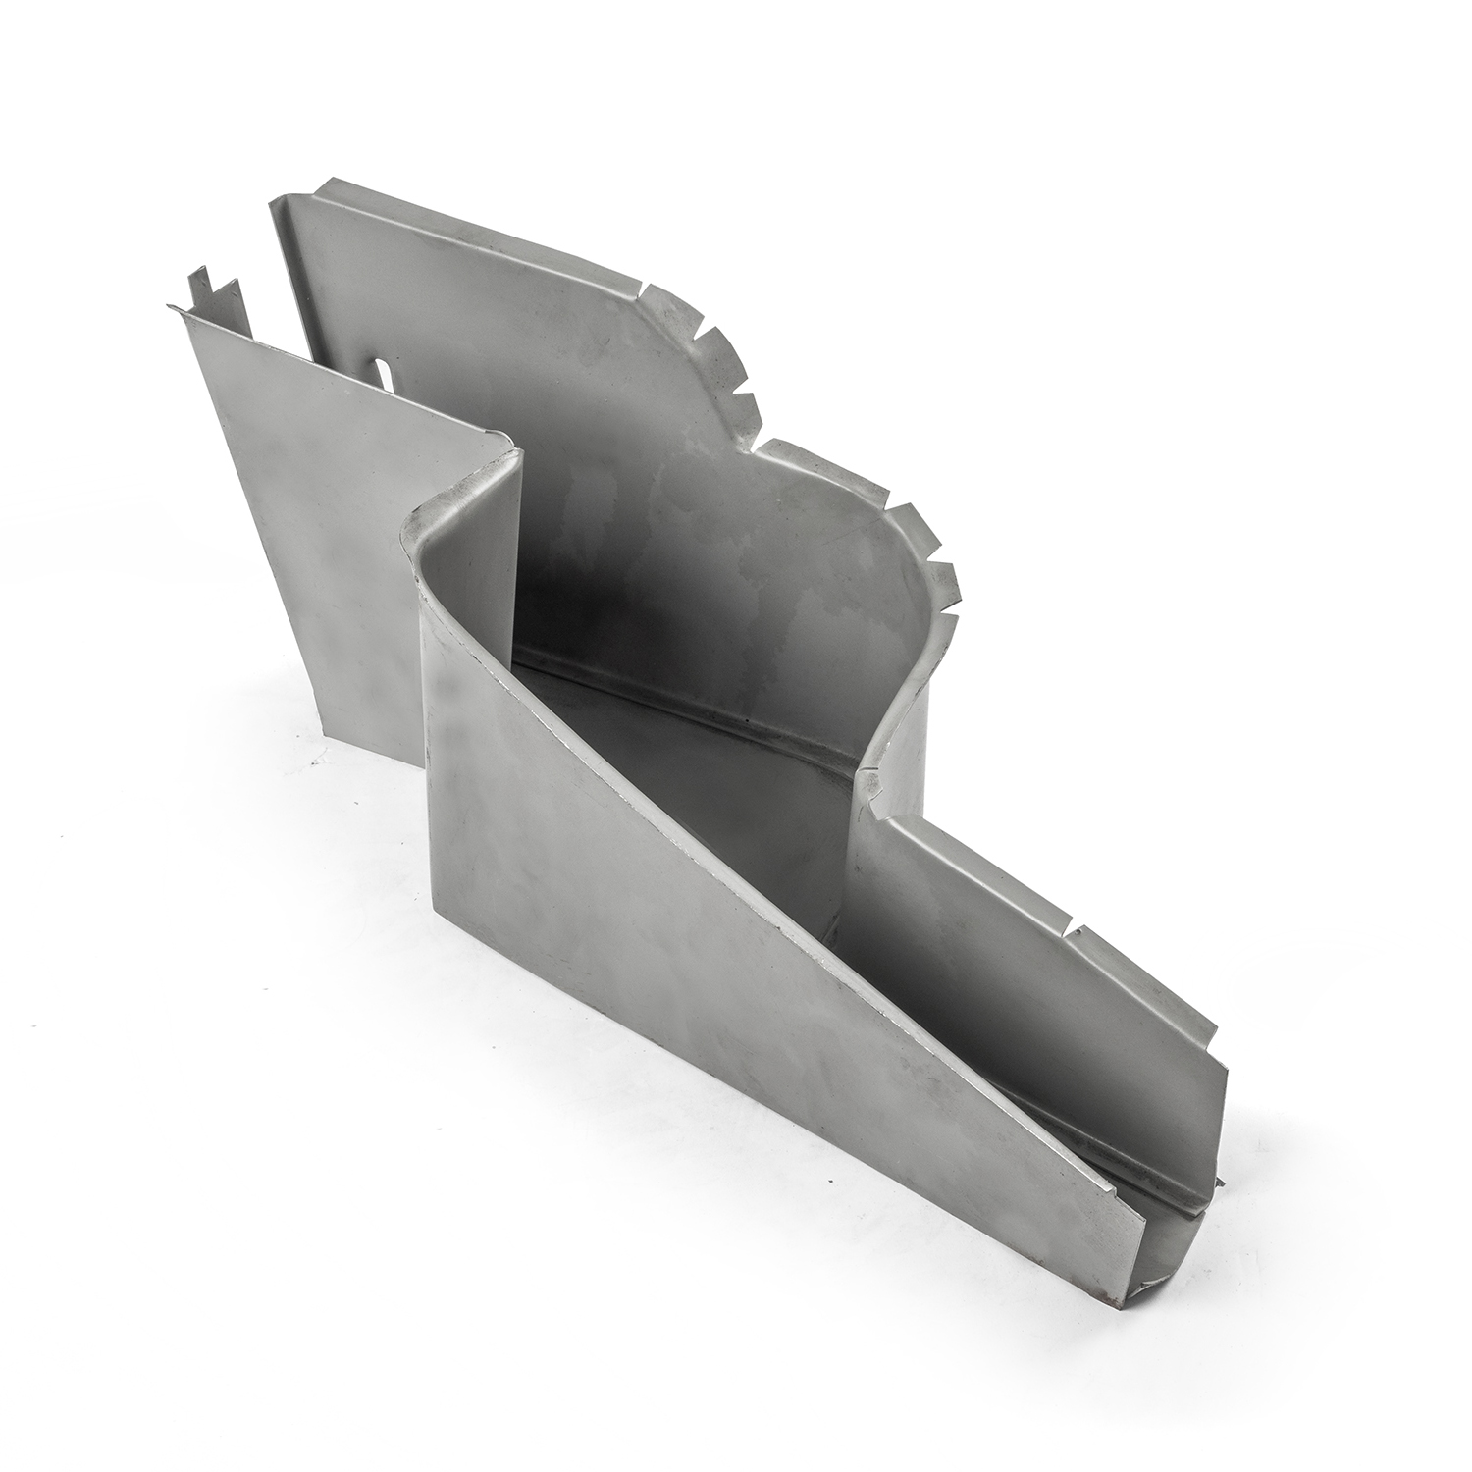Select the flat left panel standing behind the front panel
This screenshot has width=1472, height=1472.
[314, 510]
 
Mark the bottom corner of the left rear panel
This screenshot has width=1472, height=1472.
[329, 734]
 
